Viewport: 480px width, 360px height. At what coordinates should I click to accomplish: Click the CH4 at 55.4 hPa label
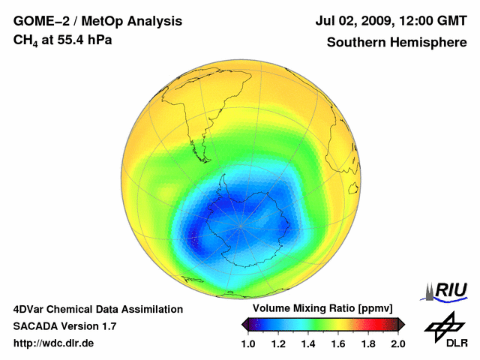coord(63,40)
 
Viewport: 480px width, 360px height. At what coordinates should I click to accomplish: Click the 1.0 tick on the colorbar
coord(250,343)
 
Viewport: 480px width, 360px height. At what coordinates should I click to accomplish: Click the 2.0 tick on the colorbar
coord(397,343)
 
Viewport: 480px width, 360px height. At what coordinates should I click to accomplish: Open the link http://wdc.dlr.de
coord(54,343)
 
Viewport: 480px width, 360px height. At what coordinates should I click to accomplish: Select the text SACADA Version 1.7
coord(64,326)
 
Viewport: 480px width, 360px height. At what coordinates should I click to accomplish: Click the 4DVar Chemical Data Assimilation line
coord(97,309)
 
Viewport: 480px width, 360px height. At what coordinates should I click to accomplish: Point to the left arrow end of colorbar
coord(244,325)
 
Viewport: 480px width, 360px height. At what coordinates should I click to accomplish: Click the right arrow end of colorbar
coord(402,325)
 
